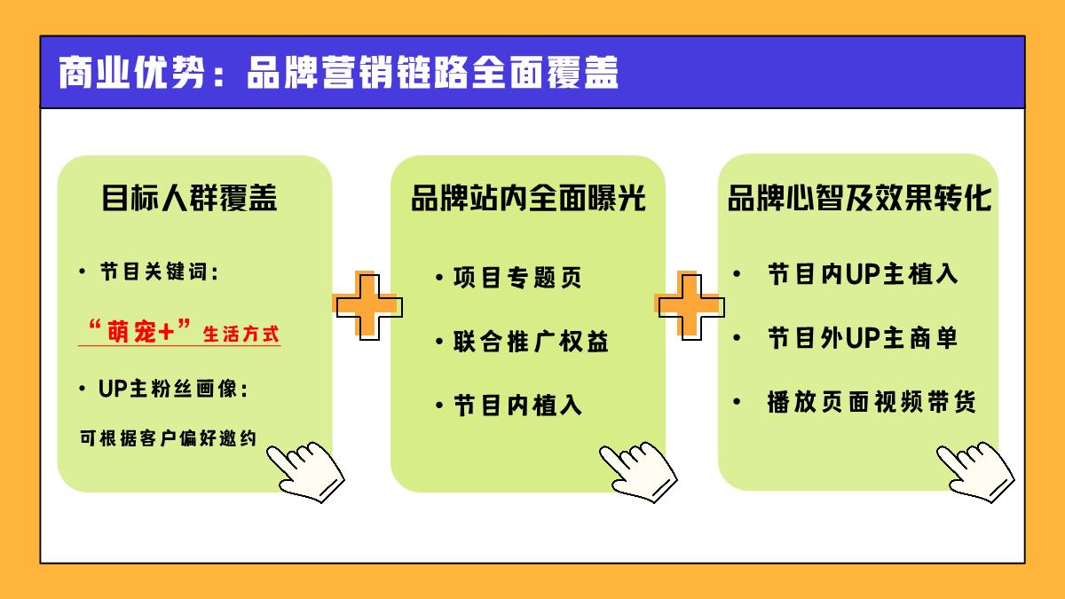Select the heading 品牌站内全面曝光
(528, 198)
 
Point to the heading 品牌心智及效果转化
(859, 198)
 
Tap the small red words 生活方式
(241, 335)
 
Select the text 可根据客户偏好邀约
(168, 437)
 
